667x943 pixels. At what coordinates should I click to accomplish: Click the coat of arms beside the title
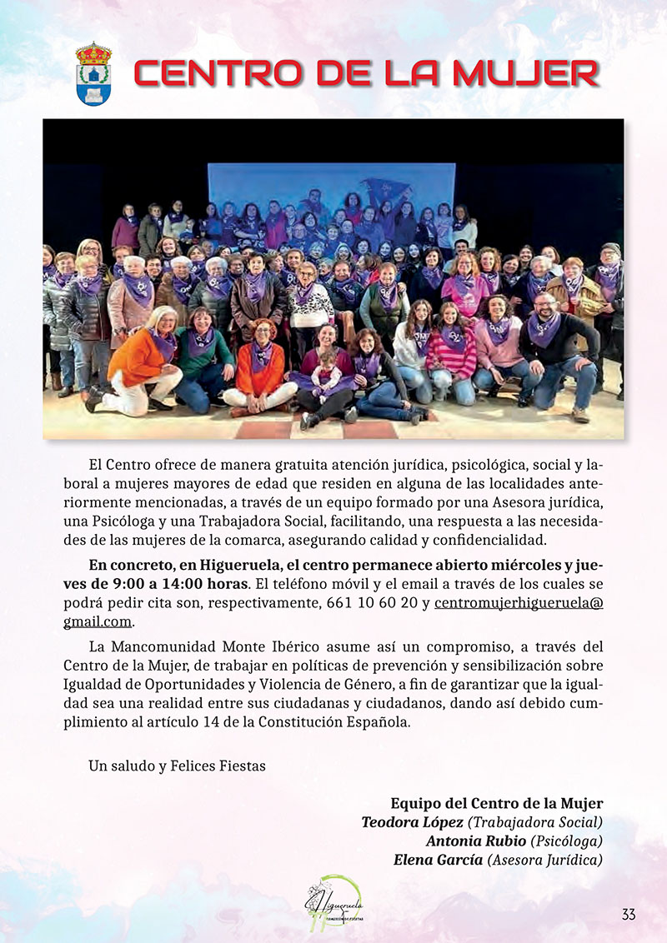(93, 73)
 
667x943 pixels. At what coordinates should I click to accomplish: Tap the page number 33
(628, 914)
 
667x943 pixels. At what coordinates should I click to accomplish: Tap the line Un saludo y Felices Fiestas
(177, 766)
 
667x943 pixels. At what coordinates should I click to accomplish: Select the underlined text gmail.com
(98, 622)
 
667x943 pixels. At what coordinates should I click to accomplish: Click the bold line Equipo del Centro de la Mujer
(496, 804)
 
